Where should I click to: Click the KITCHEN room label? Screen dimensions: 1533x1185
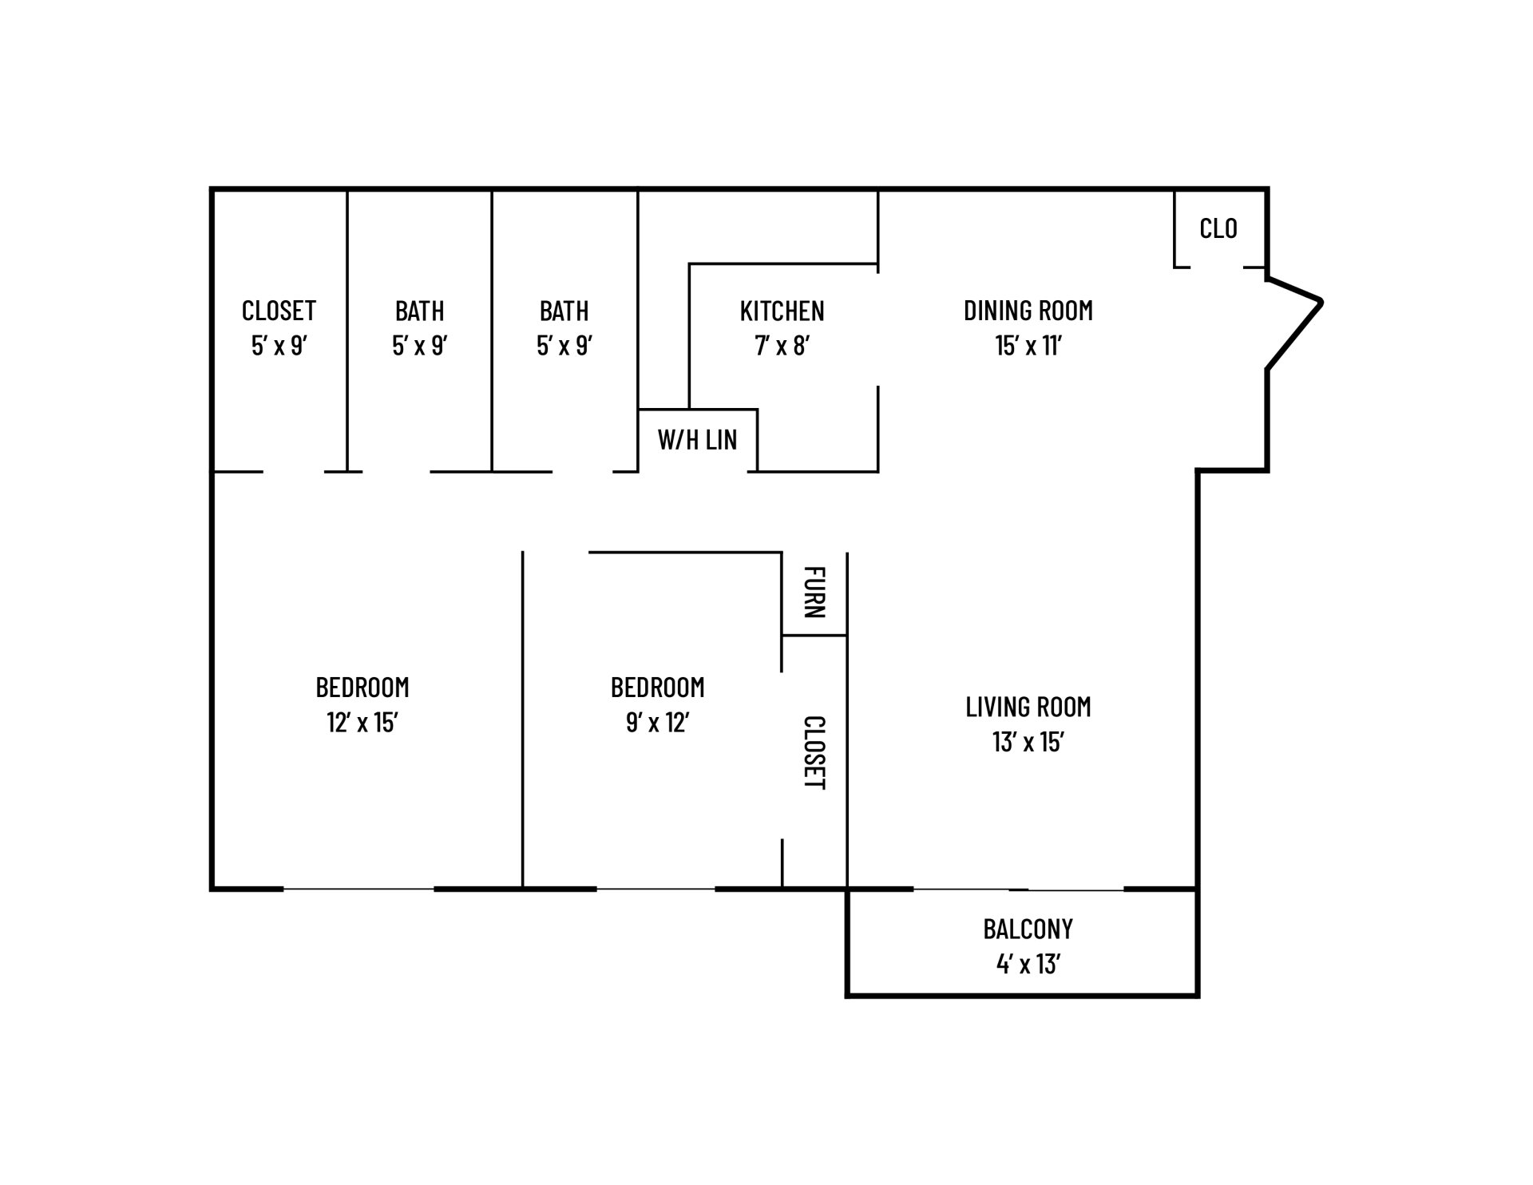782,311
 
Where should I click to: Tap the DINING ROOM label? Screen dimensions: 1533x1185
1028,311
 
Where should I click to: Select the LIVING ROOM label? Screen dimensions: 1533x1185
1028,707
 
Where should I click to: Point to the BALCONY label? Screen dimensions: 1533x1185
1028,929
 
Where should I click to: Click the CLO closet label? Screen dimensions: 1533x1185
1218,228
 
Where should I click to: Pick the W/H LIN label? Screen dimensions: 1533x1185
697,439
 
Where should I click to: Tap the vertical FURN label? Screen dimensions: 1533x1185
814,592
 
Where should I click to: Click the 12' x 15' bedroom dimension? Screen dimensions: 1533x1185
362,723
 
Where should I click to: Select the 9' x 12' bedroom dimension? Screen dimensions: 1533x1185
658,723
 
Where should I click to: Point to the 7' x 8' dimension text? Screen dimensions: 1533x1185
782,346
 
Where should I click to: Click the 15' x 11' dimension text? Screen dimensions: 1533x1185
1028,346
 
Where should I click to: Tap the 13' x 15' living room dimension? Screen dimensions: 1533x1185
1028,742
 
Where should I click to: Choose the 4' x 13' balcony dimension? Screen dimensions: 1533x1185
1028,964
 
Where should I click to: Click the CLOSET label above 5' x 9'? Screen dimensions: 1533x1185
279,311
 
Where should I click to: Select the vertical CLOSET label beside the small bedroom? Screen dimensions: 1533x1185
814,753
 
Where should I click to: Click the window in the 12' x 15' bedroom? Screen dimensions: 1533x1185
358,889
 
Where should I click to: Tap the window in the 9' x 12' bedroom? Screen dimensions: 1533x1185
656,889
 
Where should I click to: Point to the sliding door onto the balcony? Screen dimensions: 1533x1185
1019,889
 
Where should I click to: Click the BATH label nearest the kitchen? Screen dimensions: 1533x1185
564,311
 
